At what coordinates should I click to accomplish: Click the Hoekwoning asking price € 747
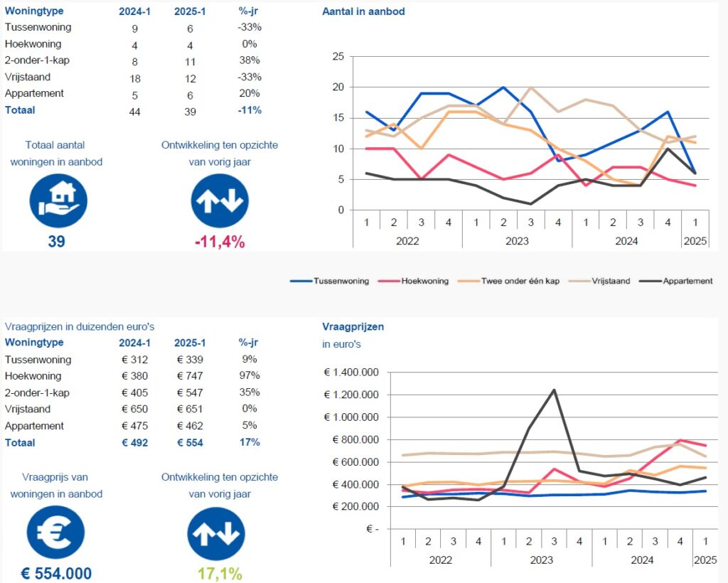189,376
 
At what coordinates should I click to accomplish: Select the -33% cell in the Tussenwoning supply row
250,27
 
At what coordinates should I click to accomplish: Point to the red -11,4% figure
220,242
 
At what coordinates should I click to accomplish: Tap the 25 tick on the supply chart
338,57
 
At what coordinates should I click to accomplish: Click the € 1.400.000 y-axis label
352,373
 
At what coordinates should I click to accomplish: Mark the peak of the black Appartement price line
553,390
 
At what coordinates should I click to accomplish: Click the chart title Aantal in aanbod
363,12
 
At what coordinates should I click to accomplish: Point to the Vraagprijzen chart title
353,327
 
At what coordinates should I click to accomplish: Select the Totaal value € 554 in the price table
189,443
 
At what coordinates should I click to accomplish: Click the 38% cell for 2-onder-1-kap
250,60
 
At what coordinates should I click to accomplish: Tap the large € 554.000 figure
56,574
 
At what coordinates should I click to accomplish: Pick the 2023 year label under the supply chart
517,241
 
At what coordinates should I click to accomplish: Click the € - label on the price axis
371,530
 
